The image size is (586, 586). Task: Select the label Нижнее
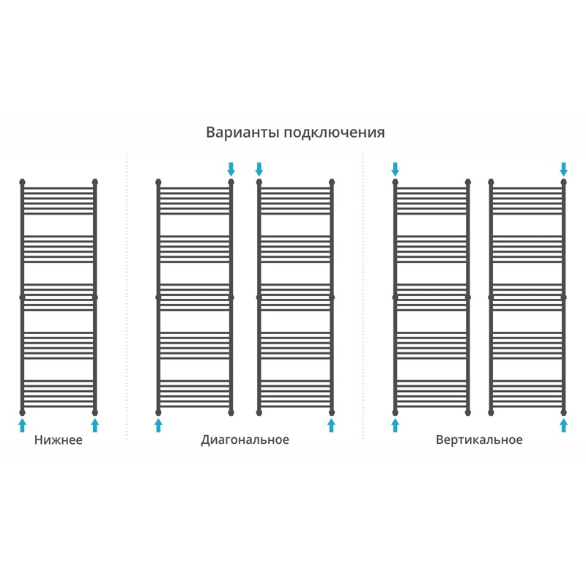[x=58, y=440]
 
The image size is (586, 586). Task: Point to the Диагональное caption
[x=245, y=440]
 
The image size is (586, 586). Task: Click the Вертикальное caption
[x=479, y=440]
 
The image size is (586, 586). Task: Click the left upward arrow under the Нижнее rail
[x=22, y=425]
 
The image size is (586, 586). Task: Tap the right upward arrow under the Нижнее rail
[x=94, y=425]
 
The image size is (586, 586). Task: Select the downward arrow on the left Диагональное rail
[x=231, y=168]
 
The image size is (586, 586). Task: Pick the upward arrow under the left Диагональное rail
[x=158, y=425]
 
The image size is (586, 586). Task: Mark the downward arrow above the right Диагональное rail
[x=259, y=168]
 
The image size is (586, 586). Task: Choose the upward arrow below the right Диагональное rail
[x=331, y=425]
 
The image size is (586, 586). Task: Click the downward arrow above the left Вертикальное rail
[x=395, y=168]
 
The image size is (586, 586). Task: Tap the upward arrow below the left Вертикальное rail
[x=395, y=425]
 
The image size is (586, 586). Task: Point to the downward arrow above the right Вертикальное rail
[x=563, y=168]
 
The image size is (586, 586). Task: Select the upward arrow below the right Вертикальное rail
[x=563, y=425]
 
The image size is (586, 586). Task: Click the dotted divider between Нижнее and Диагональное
[x=127, y=293]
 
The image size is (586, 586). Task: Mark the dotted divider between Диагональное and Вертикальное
[x=363, y=293]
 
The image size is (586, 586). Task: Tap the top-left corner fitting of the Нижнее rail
[x=22, y=181]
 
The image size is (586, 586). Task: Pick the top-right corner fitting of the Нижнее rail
[x=94, y=181]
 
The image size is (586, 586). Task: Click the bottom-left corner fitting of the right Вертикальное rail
[x=491, y=412]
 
